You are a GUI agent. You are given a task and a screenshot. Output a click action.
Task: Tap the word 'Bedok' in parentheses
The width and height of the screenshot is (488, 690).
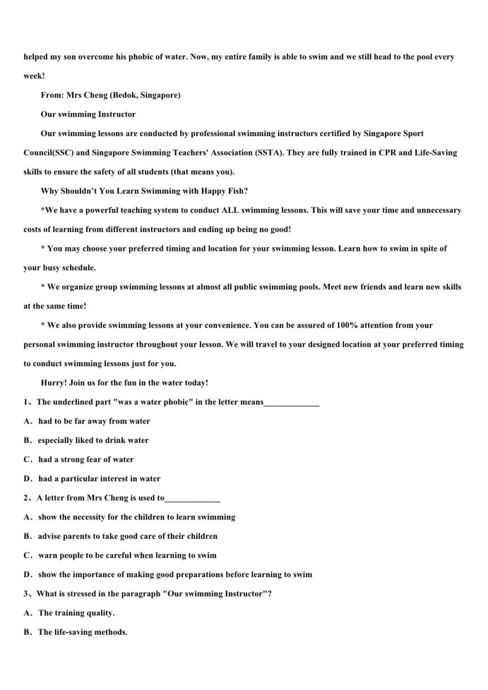121,95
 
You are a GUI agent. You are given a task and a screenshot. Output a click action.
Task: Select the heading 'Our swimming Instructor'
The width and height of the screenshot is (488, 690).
88,114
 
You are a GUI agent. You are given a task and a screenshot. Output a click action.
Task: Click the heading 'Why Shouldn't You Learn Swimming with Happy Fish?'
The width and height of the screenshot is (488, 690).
144,190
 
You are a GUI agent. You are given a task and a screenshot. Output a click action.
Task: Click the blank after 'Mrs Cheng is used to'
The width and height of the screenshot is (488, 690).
192,498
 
